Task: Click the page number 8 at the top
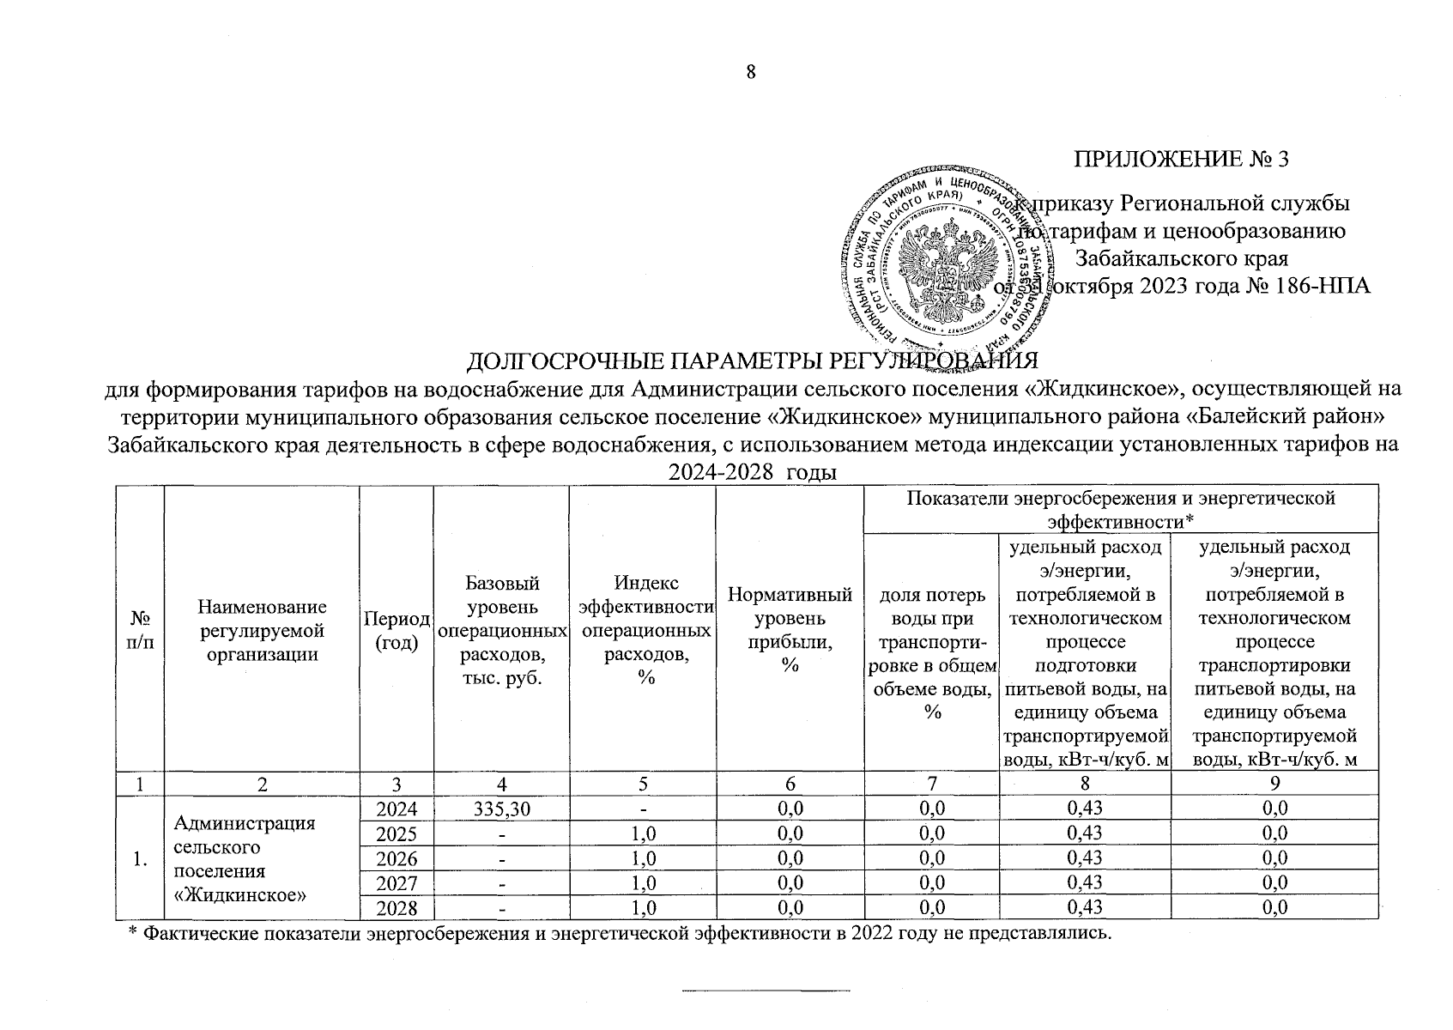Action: click(750, 73)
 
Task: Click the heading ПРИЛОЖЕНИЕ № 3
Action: click(1182, 160)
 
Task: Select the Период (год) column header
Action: click(397, 630)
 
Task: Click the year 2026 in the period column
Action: click(397, 858)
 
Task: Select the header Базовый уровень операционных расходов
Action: click(501, 630)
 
